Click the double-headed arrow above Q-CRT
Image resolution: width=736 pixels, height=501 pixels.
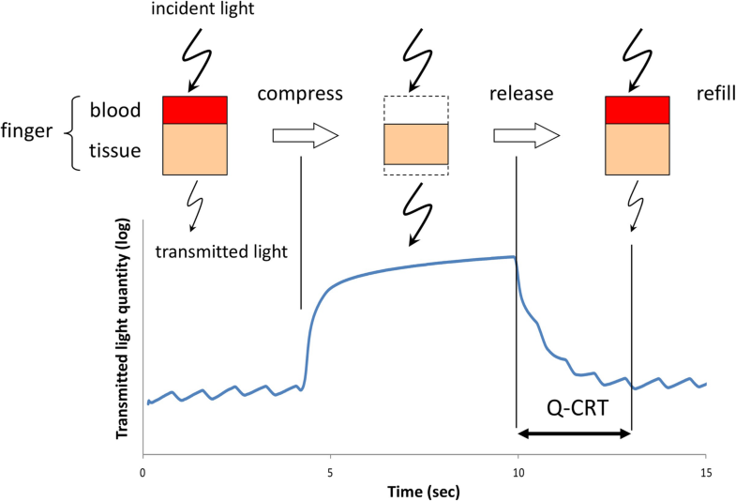click(574, 433)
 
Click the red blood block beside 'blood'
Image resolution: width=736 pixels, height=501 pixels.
click(195, 110)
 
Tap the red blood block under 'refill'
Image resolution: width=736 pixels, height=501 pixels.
click(637, 110)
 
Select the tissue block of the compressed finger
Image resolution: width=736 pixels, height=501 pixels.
click(416, 144)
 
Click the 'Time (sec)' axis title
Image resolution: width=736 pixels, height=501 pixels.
click(423, 491)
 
